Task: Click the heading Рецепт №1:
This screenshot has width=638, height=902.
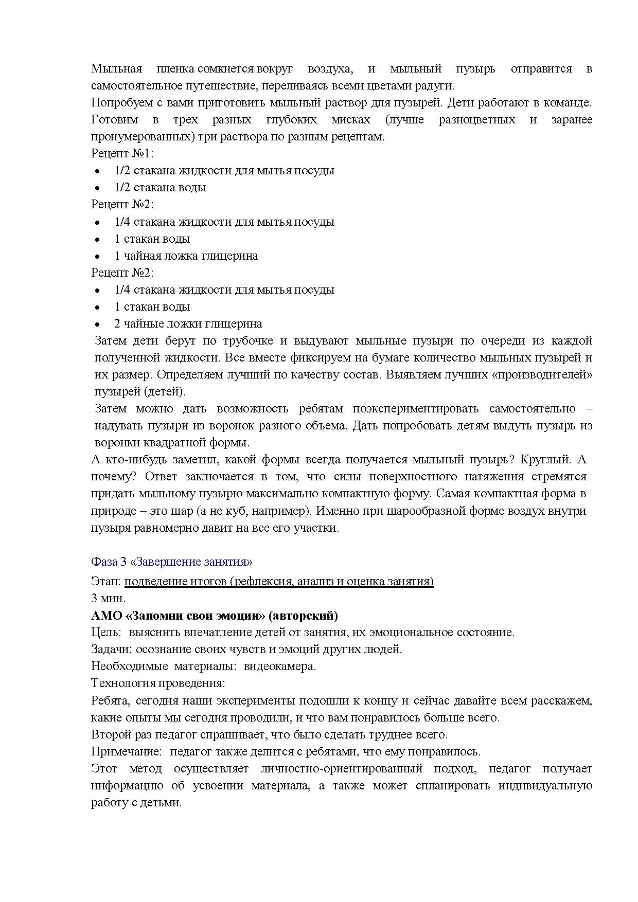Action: (122, 153)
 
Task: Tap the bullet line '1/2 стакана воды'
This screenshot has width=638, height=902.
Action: (160, 187)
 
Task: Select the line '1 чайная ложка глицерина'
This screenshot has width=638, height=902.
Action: (186, 256)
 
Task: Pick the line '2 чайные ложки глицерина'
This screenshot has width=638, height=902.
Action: (188, 323)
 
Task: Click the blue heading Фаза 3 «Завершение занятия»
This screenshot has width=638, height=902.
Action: (171, 562)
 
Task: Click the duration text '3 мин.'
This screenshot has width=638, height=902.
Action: (108, 598)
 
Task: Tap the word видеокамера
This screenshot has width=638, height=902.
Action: (279, 666)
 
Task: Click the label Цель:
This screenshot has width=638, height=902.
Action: (106, 632)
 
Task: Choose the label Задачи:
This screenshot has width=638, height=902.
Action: (112, 649)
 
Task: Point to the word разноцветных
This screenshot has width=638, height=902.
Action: (477, 120)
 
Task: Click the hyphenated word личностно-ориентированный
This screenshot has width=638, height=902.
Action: (342, 768)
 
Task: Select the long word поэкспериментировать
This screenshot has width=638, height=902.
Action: (415, 409)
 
